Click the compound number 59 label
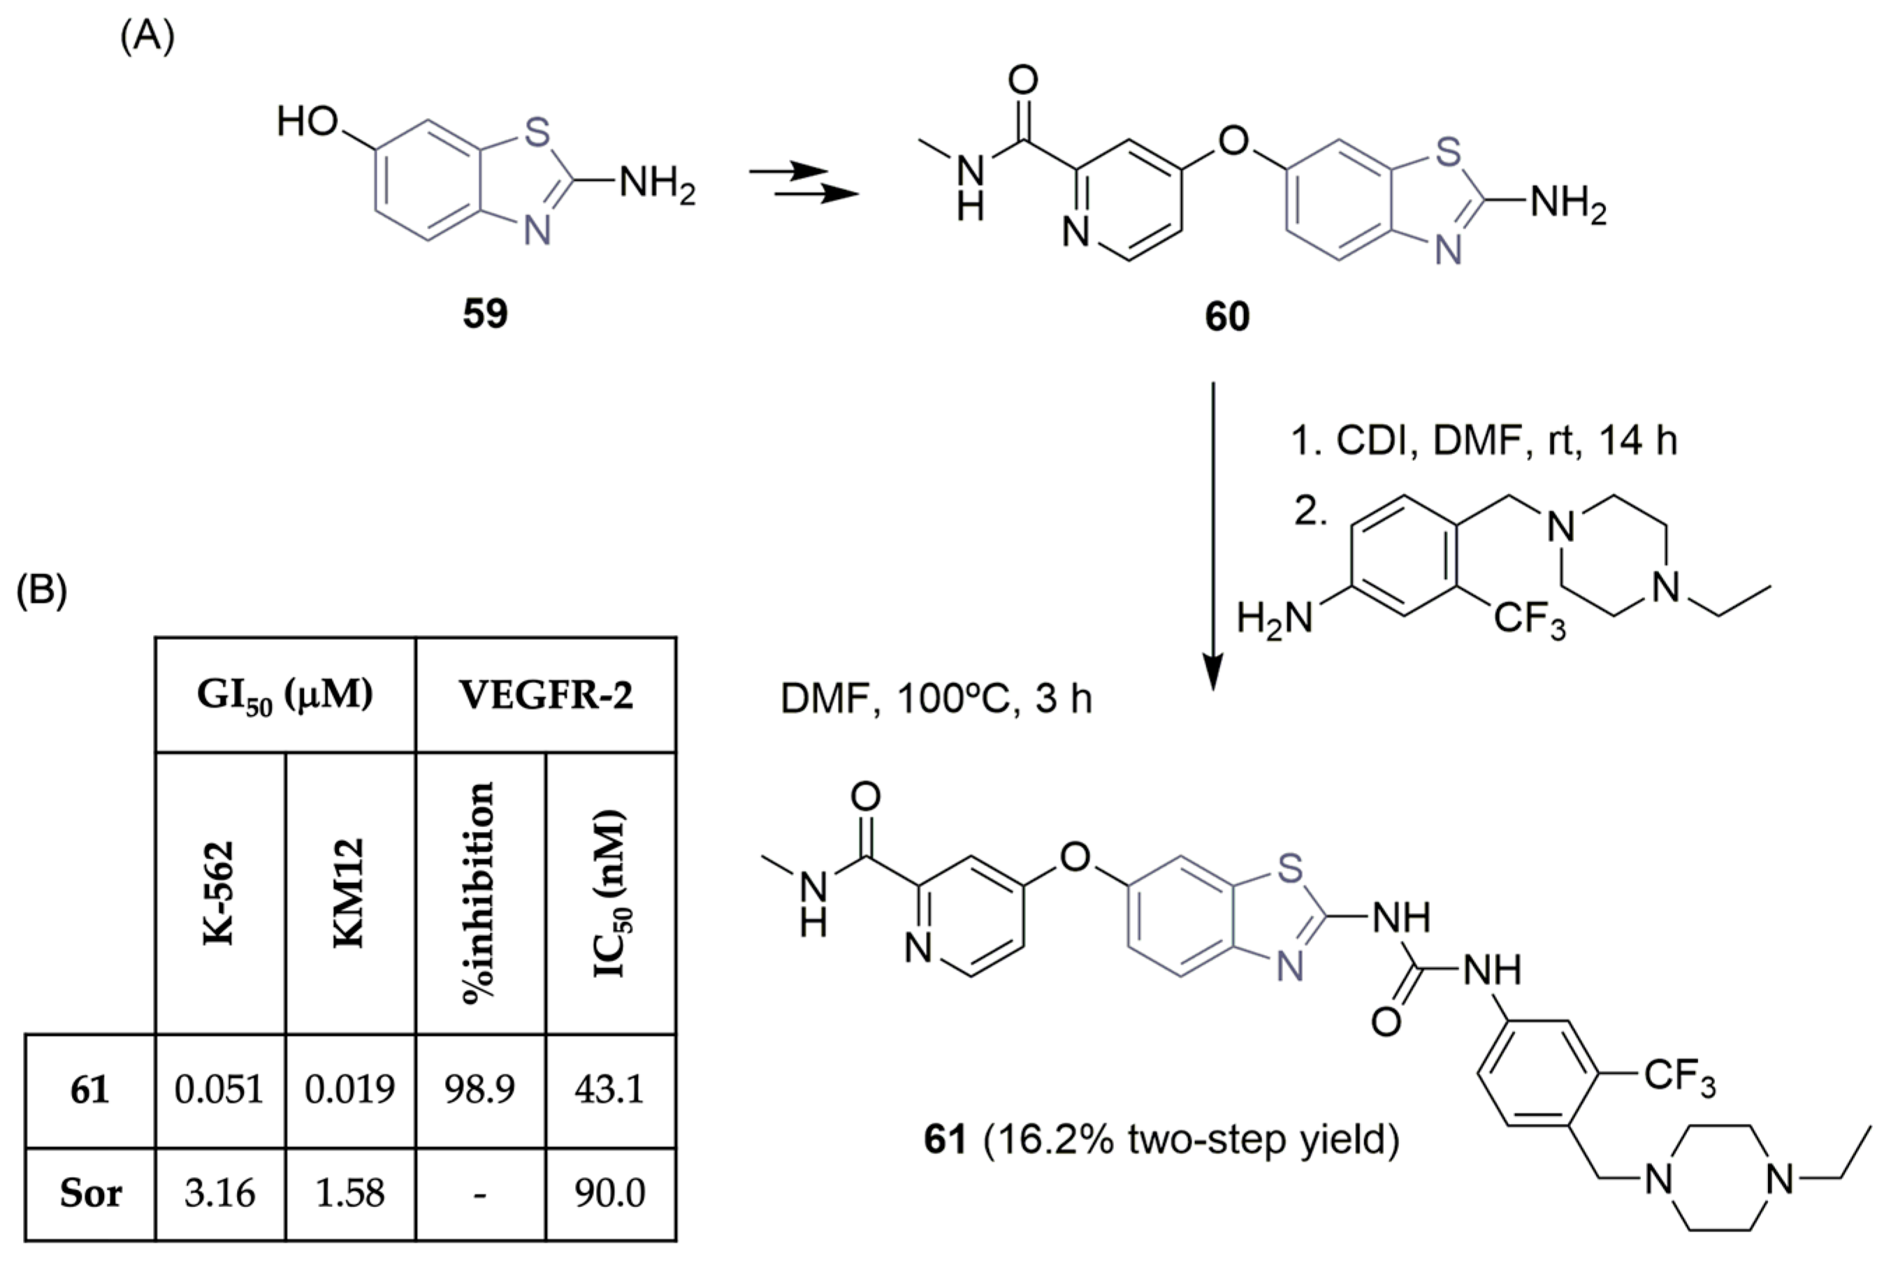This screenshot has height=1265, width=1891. pos(485,314)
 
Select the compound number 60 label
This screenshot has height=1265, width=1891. pos(1226,316)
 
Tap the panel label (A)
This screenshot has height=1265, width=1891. pos(147,37)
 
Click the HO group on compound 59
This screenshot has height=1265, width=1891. pos(307,123)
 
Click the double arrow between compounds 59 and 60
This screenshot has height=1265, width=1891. pos(802,182)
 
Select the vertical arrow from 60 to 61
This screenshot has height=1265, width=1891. pos(1213,536)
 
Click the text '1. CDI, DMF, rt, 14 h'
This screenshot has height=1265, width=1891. pos(1484,441)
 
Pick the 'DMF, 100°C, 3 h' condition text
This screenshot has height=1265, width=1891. pos(936,699)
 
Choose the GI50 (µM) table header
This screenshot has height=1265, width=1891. pos(285,696)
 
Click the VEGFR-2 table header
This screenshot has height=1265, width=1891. pos(546,696)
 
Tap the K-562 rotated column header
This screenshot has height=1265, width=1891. pos(219,893)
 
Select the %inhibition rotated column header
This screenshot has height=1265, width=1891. pos(479,893)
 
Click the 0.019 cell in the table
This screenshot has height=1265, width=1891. pos(349,1090)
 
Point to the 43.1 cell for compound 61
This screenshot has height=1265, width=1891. pos(609,1090)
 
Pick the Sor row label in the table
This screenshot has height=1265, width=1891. pos(89,1194)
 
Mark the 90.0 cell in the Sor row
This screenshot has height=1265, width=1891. pos(609,1194)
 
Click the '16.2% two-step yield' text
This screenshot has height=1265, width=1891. pos(1191,1140)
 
